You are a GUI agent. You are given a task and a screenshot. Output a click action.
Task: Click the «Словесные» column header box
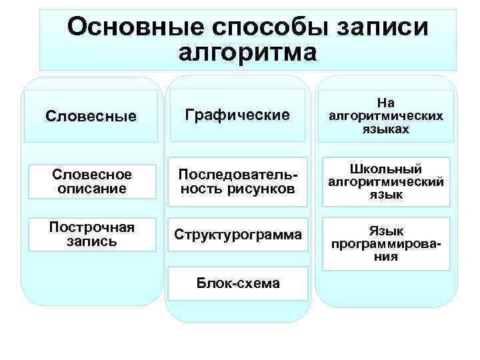[91, 116]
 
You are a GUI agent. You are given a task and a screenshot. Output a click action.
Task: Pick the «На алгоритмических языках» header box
[385, 116]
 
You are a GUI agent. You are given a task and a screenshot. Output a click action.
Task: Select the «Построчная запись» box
[91, 234]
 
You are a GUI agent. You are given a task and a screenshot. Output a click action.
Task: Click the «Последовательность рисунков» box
[237, 181]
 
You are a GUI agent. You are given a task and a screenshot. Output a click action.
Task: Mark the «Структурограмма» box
[237, 235]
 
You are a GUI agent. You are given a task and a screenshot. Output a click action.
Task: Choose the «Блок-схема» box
[237, 283]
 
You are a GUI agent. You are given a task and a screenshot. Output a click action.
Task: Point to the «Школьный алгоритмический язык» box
[385, 181]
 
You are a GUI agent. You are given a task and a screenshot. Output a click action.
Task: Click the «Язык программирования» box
[385, 243]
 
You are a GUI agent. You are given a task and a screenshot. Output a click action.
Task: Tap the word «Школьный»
[385, 169]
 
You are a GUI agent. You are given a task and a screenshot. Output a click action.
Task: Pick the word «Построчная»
[91, 227]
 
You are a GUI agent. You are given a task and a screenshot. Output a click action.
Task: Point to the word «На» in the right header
[385, 103]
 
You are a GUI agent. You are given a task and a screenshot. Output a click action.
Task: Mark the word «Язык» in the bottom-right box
[385, 231]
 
